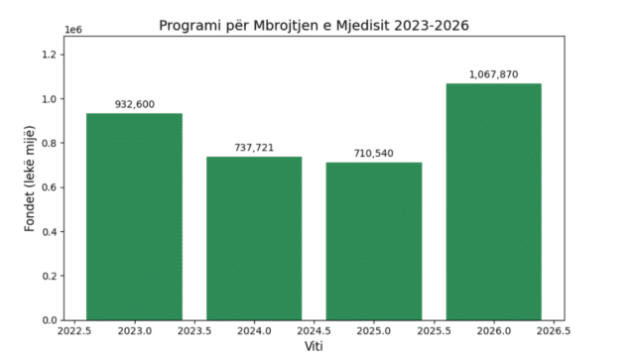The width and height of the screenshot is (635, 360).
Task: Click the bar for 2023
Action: point(135,216)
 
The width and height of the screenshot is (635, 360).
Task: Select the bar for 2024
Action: point(254,239)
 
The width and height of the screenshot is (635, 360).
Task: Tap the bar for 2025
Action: point(374,241)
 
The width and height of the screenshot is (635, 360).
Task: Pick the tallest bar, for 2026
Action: point(494,201)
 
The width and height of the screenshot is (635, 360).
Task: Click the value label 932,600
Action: point(135,104)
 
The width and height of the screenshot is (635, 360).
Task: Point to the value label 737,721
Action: point(254,148)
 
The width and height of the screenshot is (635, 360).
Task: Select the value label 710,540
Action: point(374,154)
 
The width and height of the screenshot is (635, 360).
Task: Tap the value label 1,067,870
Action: point(494,74)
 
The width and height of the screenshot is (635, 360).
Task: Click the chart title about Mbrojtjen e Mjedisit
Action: point(314,26)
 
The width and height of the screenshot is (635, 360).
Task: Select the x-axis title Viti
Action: point(314,347)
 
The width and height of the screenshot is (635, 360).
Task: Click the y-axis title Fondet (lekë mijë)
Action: point(30,179)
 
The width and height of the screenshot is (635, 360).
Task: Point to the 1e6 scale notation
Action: point(73,30)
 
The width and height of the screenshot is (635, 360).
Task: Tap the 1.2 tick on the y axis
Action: point(49,55)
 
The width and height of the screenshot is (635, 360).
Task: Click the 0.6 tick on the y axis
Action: point(49,187)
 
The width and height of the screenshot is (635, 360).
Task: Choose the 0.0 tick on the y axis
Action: point(49,320)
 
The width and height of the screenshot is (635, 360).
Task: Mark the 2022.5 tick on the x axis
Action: point(74,331)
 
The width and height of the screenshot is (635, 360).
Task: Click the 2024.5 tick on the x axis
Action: point(314,331)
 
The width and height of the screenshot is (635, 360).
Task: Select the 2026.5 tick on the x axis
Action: point(554,331)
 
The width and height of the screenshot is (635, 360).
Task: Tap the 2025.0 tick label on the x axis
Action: point(374,331)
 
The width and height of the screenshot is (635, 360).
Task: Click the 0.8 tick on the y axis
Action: point(49,143)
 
